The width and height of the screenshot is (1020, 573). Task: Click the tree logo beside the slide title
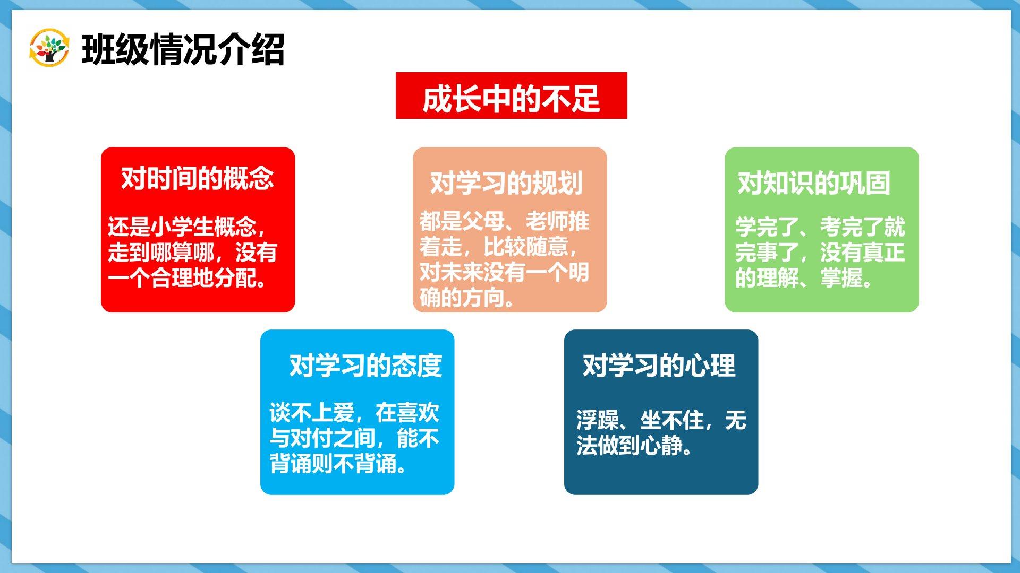(49, 48)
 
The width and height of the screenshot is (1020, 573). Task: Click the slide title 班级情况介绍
(183, 49)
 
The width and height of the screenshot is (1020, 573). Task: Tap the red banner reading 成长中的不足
(511, 96)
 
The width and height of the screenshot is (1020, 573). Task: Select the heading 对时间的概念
(198, 178)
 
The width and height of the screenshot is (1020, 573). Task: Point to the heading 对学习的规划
(506, 183)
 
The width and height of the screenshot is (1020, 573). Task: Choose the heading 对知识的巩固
(814, 183)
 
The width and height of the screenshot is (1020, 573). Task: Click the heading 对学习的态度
(365, 366)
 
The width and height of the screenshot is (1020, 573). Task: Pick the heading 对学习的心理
(659, 366)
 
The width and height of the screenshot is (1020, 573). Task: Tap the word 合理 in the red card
(172, 278)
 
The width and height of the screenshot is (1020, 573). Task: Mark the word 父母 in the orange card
(483, 221)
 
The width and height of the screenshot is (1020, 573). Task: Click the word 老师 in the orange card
(547, 221)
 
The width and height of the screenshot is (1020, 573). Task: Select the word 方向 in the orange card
(483, 298)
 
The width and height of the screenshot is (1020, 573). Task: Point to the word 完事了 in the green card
(767, 253)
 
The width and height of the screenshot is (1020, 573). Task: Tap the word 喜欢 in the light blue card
(418, 412)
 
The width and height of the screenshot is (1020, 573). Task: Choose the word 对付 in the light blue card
(312, 438)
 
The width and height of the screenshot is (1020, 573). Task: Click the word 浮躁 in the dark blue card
(598, 420)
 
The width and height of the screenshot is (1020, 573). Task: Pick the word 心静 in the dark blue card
(661, 446)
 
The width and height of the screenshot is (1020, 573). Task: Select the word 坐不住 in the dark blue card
(672, 420)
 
